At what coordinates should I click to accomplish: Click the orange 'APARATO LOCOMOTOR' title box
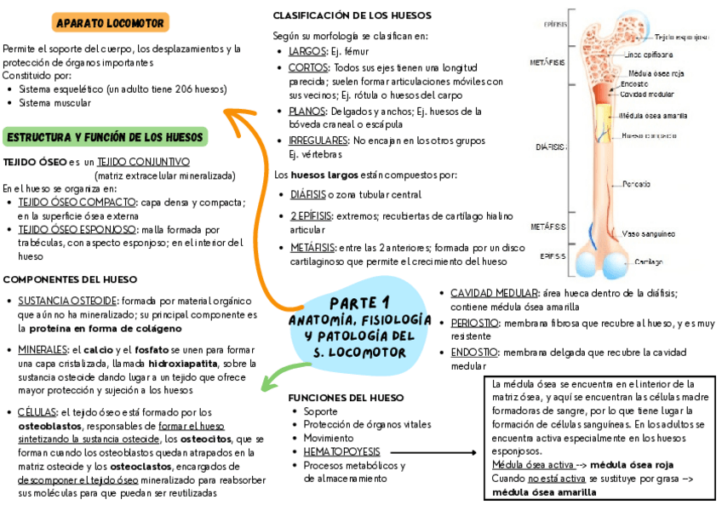[x=110, y=22]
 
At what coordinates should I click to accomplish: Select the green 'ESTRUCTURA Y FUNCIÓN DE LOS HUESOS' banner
[x=106, y=137]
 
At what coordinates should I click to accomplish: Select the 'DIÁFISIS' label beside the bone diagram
[x=550, y=146]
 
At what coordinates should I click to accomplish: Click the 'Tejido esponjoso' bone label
[x=681, y=37]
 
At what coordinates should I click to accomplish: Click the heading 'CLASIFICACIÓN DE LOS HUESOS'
[x=352, y=15]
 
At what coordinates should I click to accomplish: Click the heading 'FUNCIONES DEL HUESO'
[x=346, y=398]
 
